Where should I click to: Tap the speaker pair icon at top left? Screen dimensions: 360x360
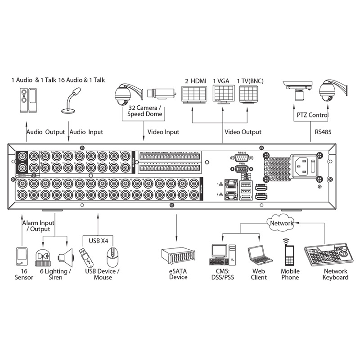(28, 101)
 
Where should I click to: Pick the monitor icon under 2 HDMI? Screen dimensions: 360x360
(193, 94)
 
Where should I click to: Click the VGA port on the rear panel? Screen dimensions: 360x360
(240, 170)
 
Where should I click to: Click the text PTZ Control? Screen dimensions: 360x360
(312, 115)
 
